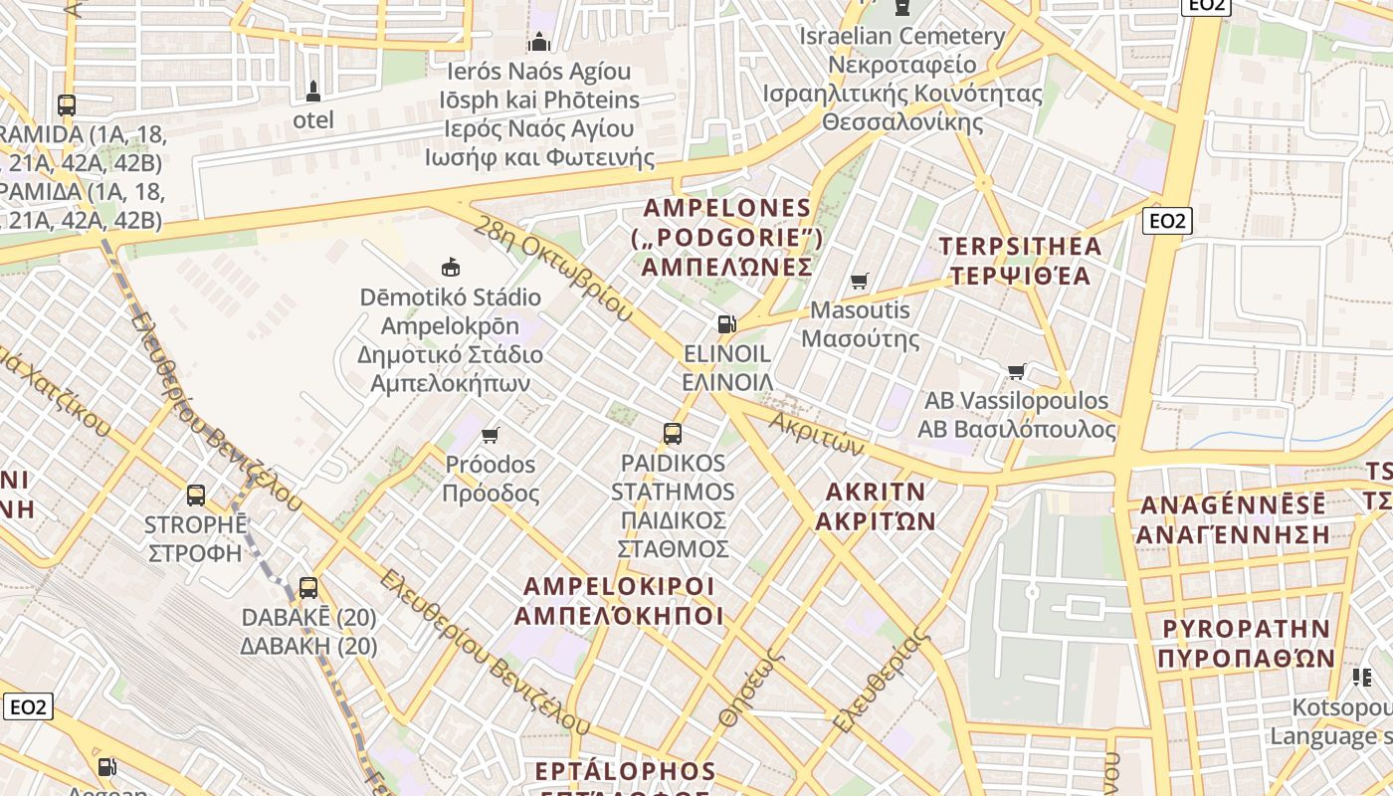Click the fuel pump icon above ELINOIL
tap(727, 323)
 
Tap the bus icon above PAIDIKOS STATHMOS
tap(673, 434)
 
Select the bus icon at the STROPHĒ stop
tap(196, 495)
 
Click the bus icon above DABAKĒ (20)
tap(308, 587)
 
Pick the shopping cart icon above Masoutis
tap(859, 281)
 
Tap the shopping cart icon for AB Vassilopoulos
tap(1016, 372)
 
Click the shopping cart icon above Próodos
tap(490, 435)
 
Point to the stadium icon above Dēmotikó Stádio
tap(451, 267)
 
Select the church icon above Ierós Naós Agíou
tap(539, 42)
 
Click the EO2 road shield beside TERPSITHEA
tap(1166, 221)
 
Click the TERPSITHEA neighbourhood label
tap(1021, 261)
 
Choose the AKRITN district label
tap(876, 505)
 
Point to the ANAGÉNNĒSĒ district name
tap(1233, 518)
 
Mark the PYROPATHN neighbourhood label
tap(1246, 643)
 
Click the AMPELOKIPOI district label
tap(618, 600)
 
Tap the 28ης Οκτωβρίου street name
tap(553, 268)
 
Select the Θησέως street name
tap(751, 686)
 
